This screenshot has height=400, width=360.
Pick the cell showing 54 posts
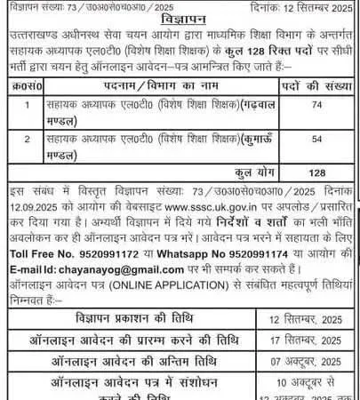[314, 139]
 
